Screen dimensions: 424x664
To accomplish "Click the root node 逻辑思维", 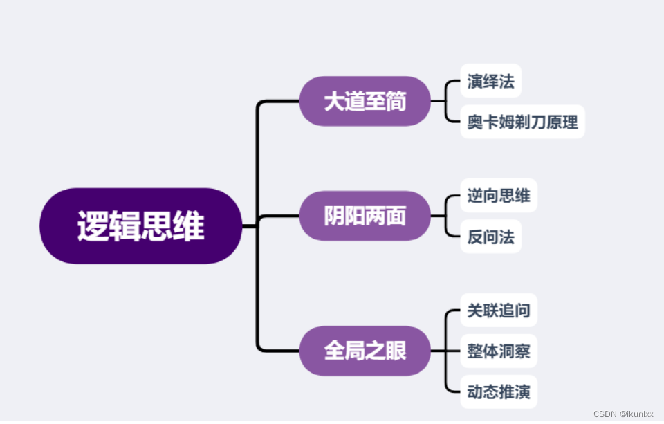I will (141, 226).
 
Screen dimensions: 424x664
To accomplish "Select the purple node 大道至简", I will (365, 102).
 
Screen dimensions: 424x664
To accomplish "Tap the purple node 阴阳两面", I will (365, 216).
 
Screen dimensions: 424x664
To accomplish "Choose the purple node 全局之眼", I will (365, 351).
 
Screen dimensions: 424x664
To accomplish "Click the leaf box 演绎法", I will (490, 82).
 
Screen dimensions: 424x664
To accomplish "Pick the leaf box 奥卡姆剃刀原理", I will (522, 122).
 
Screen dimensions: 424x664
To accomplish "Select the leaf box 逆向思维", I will (498, 196).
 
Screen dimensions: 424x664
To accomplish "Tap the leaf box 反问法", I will (490, 237).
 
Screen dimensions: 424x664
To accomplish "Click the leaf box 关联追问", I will (498, 310).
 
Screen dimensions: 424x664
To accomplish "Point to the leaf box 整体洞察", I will (498, 351).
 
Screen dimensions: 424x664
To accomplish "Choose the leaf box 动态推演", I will (498, 393).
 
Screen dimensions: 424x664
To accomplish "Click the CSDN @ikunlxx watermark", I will (623, 414).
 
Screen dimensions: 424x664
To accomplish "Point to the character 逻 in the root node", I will (93, 226).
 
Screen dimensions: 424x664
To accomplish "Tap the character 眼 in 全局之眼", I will (396, 351).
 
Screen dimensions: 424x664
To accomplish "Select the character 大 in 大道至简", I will (334, 102).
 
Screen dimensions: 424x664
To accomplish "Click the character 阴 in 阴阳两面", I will (334, 216).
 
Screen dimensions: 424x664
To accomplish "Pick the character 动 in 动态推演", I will (474, 393).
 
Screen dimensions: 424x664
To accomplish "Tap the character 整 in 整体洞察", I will (474, 351).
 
